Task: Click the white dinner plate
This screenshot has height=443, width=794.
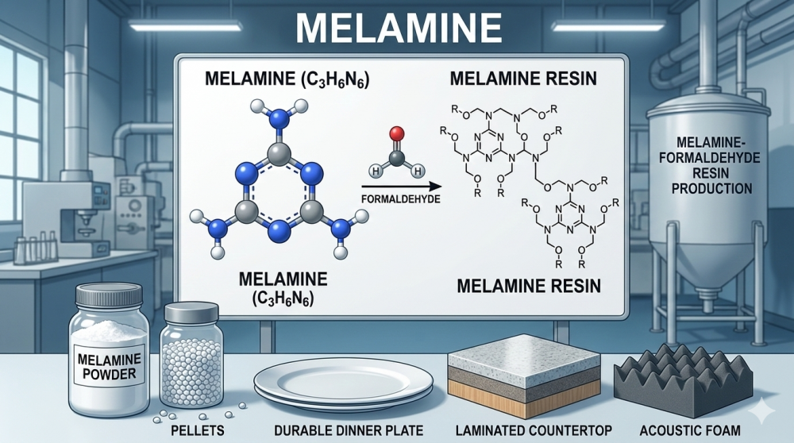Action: click(342, 384)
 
